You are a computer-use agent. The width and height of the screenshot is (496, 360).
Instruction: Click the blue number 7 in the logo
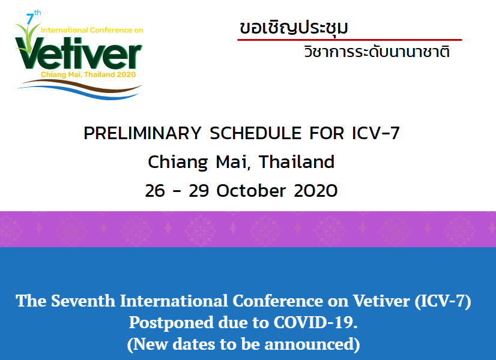30,19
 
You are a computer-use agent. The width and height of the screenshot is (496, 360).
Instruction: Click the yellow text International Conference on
92,30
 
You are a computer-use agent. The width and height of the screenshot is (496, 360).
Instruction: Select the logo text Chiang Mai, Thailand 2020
88,74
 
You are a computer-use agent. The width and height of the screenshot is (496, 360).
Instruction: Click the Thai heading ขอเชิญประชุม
294,27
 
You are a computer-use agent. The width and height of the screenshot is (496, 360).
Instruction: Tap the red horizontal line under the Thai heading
349,40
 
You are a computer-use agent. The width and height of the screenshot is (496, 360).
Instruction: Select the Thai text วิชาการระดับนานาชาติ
377,51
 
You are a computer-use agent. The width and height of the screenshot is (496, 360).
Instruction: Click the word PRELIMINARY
142,133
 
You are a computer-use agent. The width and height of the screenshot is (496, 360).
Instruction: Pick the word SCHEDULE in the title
256,133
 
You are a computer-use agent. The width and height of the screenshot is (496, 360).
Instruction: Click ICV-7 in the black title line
376,133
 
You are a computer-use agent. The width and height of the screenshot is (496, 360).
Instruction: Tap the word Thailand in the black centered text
297,162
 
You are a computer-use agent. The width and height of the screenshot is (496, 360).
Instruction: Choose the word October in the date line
251,191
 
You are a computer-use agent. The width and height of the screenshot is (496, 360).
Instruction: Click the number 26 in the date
155,191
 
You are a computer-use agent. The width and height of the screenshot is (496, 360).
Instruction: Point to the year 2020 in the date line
316,191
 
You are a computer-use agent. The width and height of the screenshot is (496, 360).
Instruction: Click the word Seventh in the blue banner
83,300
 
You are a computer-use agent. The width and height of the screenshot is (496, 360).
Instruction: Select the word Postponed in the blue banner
171,323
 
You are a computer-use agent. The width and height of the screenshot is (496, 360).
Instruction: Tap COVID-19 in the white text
315,322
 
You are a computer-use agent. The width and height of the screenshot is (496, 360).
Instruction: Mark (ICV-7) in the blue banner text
443,301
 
